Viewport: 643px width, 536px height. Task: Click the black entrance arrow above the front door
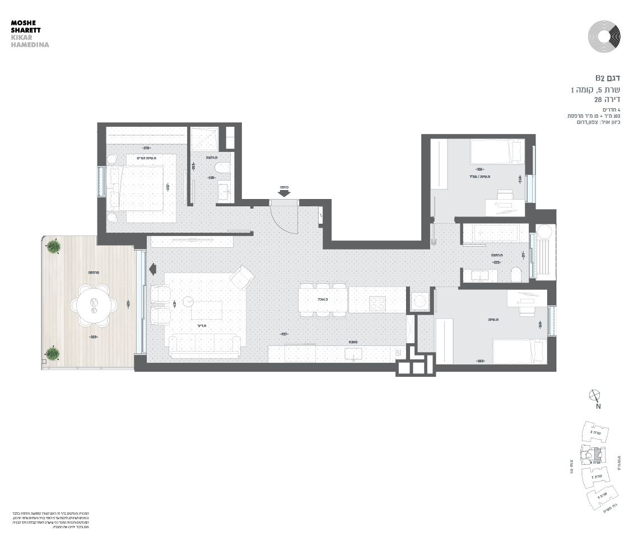284,193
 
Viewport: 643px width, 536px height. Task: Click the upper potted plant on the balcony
54,246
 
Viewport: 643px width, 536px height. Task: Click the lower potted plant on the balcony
52,353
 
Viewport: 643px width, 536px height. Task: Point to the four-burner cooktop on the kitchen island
377,304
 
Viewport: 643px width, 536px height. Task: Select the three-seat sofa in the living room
205,345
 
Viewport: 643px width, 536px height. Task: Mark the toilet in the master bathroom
222,169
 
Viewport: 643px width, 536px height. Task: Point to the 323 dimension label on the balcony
94,337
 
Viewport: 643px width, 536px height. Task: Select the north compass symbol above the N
595,395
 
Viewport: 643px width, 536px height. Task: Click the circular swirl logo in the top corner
604,36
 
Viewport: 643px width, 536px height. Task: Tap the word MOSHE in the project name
22,23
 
